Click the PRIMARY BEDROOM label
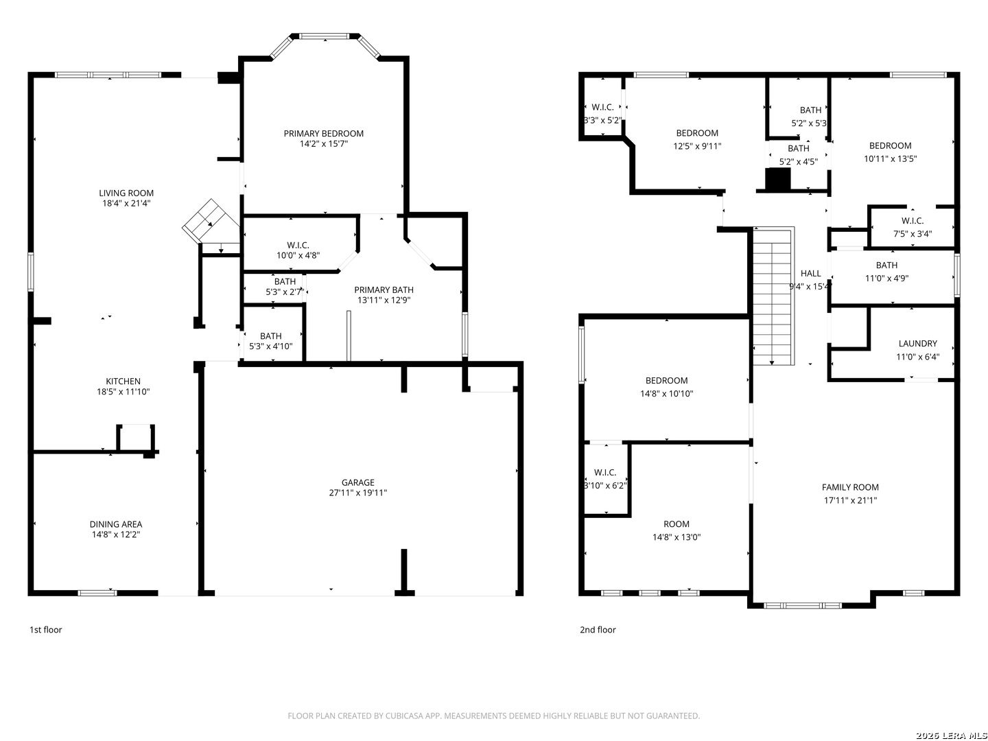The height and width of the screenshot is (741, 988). click(x=323, y=133)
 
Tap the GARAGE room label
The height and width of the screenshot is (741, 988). click(x=358, y=482)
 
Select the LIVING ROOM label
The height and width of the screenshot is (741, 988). click(x=126, y=193)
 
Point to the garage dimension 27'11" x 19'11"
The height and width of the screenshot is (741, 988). click(x=358, y=493)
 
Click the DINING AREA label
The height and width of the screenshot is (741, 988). click(x=116, y=524)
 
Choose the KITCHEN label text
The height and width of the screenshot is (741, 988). click(x=123, y=381)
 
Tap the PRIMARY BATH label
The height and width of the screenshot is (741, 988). click(x=384, y=290)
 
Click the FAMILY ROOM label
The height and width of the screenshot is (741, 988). click(x=850, y=487)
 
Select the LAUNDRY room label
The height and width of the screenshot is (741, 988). click(x=917, y=344)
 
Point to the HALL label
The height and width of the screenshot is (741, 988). click(x=810, y=274)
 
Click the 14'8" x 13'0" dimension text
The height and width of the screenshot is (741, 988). click(x=676, y=537)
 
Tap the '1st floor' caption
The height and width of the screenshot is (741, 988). click(x=45, y=630)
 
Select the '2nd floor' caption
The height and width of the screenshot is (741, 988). click(x=598, y=630)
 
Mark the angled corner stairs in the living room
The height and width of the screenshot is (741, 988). click(x=210, y=222)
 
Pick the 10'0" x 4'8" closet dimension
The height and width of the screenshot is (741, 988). click(x=298, y=255)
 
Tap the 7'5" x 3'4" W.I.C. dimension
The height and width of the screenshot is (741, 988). click(x=913, y=234)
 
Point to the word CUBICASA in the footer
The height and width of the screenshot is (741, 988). click(x=403, y=716)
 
